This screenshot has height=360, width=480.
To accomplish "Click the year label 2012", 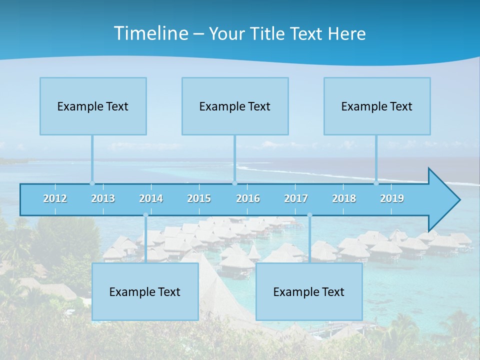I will [x=55, y=198].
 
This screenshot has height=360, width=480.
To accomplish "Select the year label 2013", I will [x=103, y=198].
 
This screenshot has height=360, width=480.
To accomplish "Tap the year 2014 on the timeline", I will [x=151, y=198].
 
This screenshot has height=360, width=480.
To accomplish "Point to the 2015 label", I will [x=199, y=198].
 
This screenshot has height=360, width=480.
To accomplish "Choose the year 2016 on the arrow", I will [x=248, y=198].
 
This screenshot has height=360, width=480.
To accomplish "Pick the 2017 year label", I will [x=296, y=198].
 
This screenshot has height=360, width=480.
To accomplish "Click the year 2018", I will [x=344, y=198].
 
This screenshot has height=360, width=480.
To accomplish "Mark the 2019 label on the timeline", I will [x=392, y=198].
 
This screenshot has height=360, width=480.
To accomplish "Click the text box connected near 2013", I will [x=93, y=106].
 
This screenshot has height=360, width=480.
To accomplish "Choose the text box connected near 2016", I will [x=235, y=106].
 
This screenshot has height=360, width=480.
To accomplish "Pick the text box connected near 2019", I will [x=377, y=106].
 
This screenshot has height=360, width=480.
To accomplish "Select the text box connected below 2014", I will [x=145, y=291].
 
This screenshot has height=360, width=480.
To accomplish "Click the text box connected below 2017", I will [x=309, y=291].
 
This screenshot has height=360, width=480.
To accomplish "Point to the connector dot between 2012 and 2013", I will [x=92, y=183].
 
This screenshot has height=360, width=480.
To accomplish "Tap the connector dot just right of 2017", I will [x=309, y=215].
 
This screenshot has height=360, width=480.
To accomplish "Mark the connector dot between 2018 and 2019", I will [x=376, y=183].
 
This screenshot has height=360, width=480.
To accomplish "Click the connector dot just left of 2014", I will [x=145, y=215].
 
